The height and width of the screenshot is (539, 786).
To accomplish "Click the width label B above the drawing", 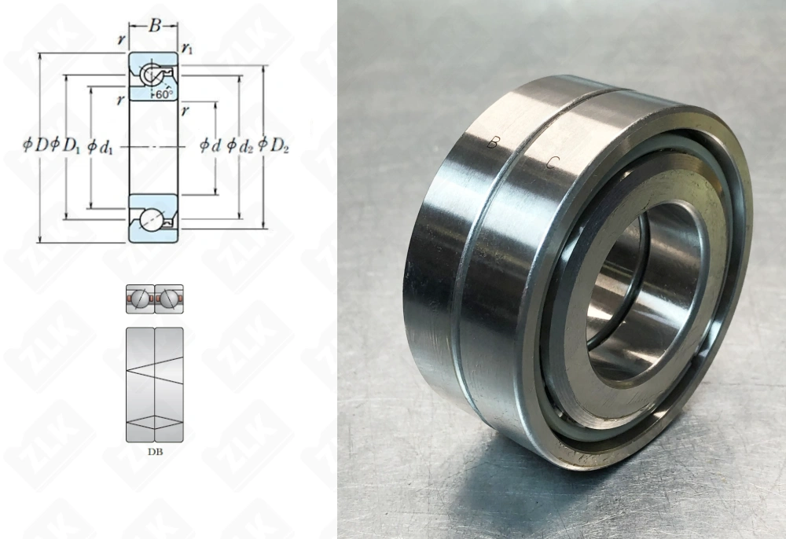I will pos(154,26).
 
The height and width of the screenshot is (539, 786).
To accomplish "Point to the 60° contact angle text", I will pos(163,93).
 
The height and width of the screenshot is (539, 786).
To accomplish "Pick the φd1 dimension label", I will pos(100,145).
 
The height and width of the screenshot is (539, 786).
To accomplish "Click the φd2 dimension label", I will pos(240,145).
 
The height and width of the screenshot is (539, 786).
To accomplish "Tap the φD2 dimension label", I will pos(273,145).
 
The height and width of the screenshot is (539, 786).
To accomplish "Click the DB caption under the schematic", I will pos(154,452).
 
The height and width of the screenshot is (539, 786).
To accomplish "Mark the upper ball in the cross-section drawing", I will pos(150,75).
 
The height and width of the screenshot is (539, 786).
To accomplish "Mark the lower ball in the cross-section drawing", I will pos(150,218).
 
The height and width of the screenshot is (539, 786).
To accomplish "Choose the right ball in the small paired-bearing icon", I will pos(167,299).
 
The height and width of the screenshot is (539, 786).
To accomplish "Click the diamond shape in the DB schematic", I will pos(154,422).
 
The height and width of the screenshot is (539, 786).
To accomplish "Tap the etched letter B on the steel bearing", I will pos(493,143).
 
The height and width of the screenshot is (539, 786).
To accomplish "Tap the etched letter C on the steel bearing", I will pos(553,163).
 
